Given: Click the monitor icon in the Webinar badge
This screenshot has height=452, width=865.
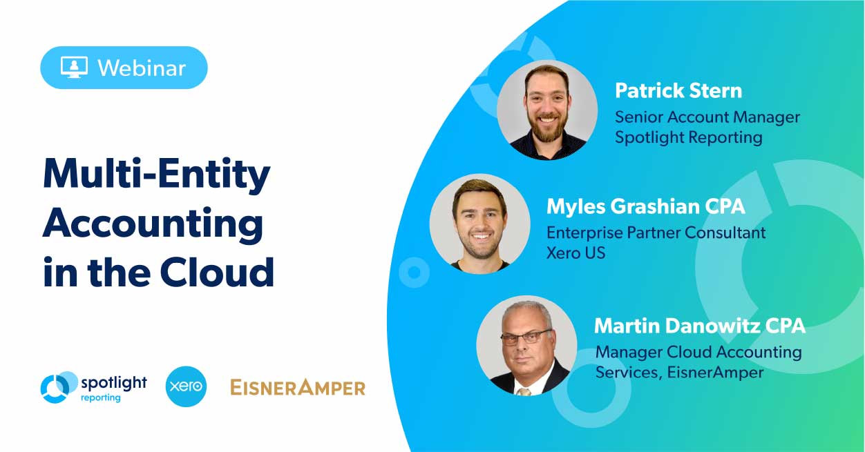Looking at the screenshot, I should pos(74,67).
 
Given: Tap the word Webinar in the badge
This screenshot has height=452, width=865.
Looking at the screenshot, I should pos(141,68).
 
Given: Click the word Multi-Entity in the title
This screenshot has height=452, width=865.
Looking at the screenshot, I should pos(156,176).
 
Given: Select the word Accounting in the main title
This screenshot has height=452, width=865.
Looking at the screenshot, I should pos(153,225).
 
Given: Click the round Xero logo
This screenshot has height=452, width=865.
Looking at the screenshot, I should pos(187,386).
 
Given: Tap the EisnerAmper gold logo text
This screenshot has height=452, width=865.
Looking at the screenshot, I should pos(297,387).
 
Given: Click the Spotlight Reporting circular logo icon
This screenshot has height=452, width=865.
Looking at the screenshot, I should pos(59,387).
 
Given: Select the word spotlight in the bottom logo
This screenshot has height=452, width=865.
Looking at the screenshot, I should pos(114,382).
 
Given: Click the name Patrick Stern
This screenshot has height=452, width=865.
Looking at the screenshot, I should pos(678,90).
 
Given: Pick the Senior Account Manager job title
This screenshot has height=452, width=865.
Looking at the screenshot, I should pos(707,117).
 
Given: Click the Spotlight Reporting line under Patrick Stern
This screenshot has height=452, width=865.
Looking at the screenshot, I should pos(688,137).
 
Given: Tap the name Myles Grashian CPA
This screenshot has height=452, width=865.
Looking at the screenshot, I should pos(646,206).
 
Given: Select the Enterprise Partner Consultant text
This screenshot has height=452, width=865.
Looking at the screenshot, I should pos(656,233).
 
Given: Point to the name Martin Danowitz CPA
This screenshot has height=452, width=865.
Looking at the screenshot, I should pos(699,324).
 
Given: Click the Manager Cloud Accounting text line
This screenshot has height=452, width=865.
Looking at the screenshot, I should pos(698,352).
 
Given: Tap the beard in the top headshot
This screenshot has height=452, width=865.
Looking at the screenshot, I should pos(546,127).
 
